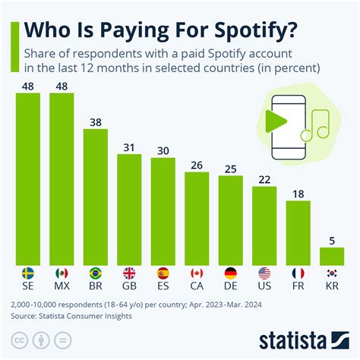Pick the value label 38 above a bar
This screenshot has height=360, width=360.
pos(96,122)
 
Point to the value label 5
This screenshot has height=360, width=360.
pos(332,240)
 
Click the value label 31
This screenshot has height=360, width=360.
pos(129,147)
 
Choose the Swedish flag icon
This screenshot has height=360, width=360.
pos(27,272)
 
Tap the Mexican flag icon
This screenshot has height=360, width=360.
pos(62,272)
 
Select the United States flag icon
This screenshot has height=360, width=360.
pos(264,272)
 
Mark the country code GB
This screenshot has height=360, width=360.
pos(129,286)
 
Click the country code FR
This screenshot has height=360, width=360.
pos(298,286)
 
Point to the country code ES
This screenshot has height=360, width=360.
pos(163,286)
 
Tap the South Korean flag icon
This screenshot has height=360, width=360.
pos(332,272)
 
